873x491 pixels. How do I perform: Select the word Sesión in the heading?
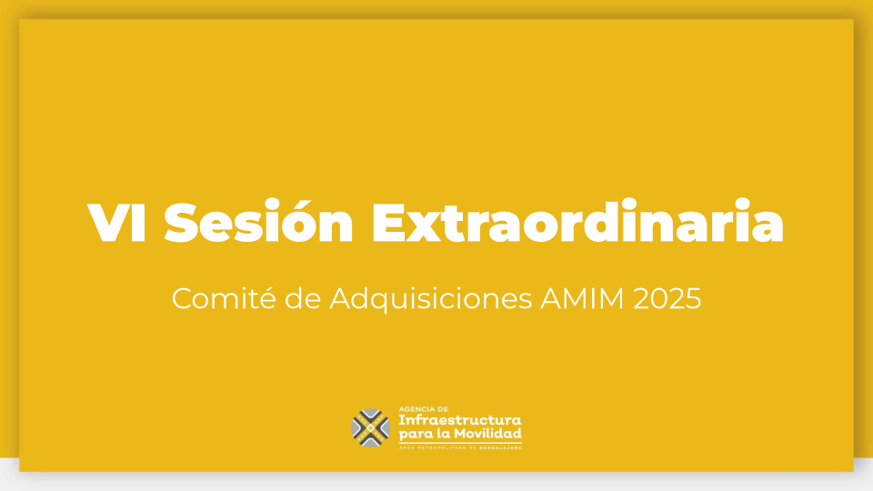[x=258, y=221]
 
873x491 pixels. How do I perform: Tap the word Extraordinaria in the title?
[x=578, y=221]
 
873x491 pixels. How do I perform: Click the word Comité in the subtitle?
[x=224, y=298]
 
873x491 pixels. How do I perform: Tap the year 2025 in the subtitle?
[x=667, y=299]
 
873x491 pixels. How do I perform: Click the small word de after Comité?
[x=303, y=298]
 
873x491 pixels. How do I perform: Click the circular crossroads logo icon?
[x=371, y=428]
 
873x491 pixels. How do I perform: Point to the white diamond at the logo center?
[x=371, y=428]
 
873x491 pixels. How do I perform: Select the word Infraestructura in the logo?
[x=460, y=420]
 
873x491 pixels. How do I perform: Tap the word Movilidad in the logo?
[x=487, y=433]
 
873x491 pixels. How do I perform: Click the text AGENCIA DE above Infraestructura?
[x=423, y=409]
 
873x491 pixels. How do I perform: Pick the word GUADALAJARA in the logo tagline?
[x=500, y=447]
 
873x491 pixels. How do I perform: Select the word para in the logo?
[x=413, y=435]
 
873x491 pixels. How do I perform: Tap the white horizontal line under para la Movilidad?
[x=460, y=443]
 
